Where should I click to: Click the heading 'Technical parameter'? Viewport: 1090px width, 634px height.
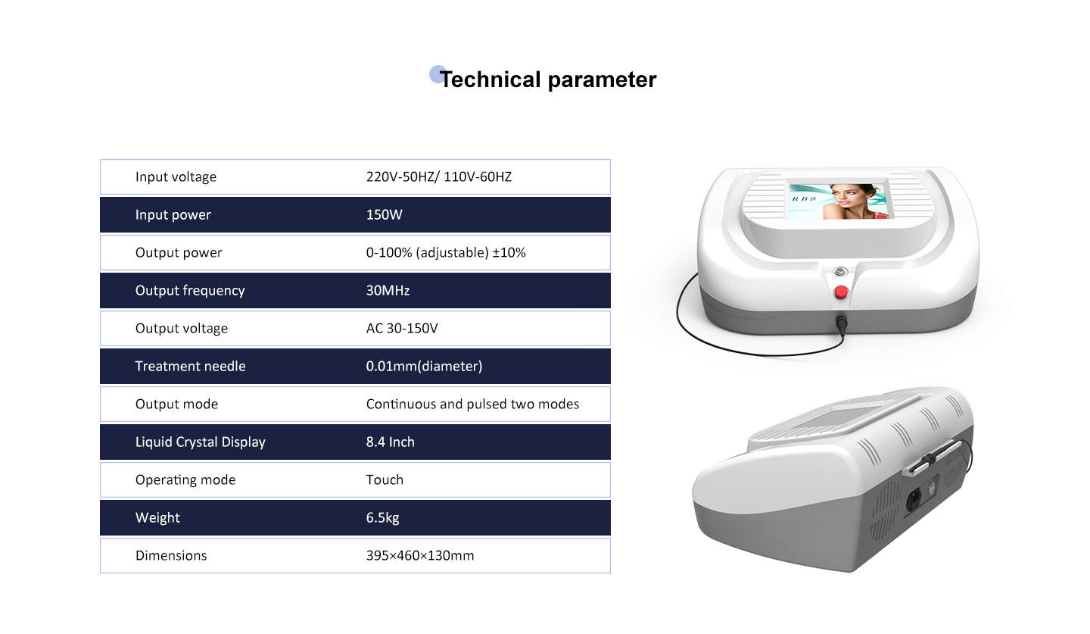tap(548, 80)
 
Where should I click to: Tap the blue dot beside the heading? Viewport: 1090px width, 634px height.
tap(437, 74)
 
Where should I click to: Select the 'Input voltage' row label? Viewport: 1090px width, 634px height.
tap(176, 176)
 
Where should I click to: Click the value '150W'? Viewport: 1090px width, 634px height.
tap(384, 215)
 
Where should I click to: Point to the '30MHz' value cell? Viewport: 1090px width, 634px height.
tap(388, 291)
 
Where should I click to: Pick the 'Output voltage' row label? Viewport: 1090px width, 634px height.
tap(182, 328)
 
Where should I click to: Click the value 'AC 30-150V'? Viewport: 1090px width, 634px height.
tap(402, 328)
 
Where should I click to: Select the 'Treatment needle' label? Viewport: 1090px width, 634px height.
tap(190, 366)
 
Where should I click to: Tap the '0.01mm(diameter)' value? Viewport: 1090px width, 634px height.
tap(425, 366)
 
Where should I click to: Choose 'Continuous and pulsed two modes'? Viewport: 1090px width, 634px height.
tap(472, 404)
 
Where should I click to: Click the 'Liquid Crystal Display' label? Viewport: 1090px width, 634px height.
tap(200, 442)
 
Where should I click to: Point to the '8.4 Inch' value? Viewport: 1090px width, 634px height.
tap(391, 442)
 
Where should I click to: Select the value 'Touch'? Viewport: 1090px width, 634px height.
tap(385, 480)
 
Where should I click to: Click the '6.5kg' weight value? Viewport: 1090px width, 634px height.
tap(382, 517)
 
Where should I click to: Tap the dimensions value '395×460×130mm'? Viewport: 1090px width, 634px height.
tap(420, 556)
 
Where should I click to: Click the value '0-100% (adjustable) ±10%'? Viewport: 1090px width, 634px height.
tap(446, 253)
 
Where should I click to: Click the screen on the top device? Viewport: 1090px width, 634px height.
tap(840, 201)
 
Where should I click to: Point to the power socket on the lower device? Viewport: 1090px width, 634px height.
tap(914, 500)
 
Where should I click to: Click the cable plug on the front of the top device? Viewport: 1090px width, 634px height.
tap(842, 323)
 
